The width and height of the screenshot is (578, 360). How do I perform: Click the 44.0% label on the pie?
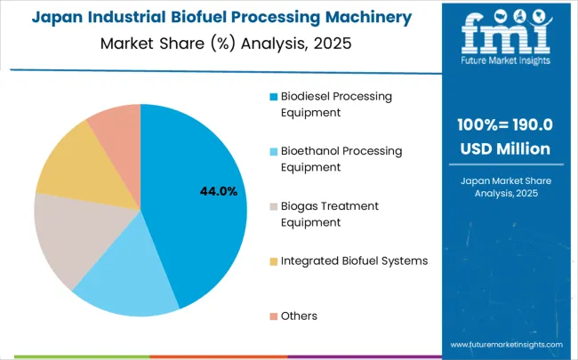[x=219, y=191]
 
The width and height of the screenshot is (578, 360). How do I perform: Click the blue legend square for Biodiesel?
[x=273, y=96]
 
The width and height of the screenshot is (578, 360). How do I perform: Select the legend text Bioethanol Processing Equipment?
[x=341, y=159]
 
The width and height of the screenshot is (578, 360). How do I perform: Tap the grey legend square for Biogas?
[x=273, y=206]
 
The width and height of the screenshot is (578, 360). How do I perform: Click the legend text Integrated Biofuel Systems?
[x=354, y=260]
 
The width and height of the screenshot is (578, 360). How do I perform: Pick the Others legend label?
[x=299, y=316]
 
